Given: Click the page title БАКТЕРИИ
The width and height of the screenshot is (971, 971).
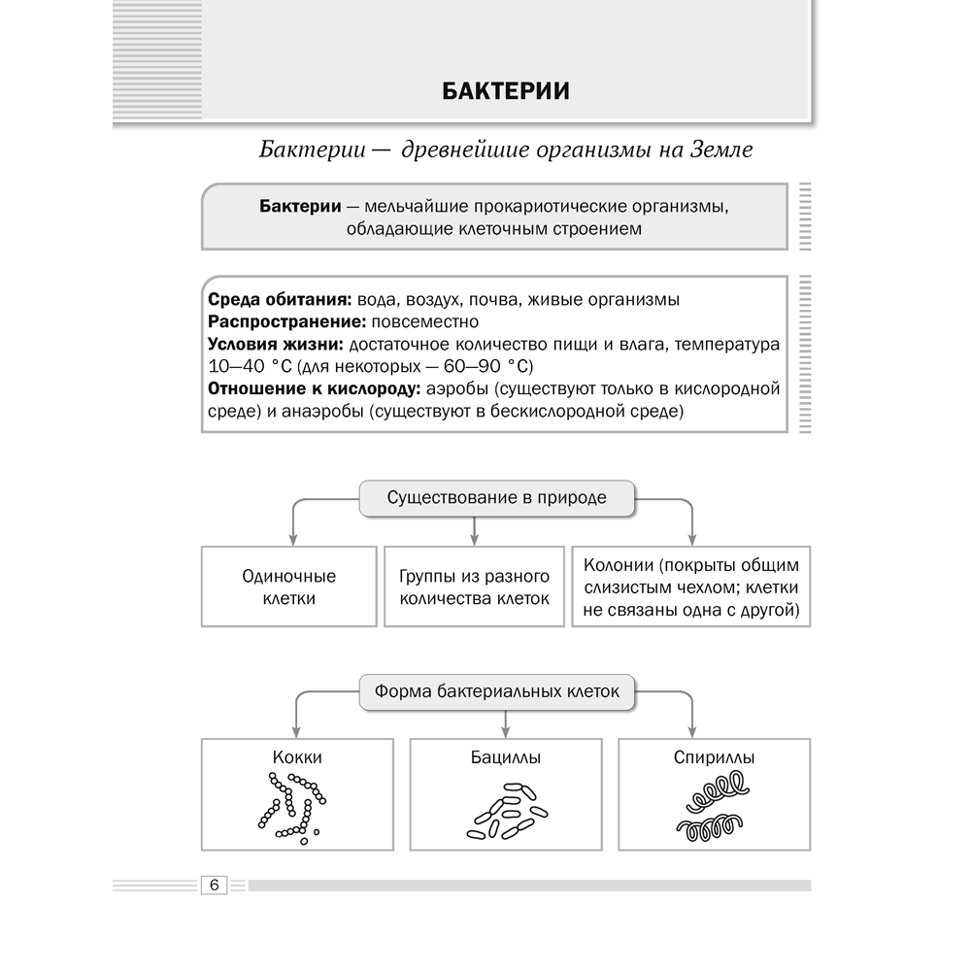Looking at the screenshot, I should point(505,91).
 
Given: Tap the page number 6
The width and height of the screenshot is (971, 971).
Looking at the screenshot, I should point(214,885).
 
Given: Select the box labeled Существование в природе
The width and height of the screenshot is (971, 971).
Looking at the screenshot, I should point(496,498).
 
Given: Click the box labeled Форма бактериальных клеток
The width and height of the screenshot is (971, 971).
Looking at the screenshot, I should point(496,693).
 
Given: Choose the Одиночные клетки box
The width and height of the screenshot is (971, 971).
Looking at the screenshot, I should point(288,586).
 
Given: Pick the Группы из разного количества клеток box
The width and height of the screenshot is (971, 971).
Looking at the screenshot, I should point(474,586).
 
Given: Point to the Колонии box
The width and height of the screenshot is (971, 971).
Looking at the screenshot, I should point(691,586).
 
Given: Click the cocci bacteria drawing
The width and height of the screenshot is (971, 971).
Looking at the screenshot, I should point(288,806).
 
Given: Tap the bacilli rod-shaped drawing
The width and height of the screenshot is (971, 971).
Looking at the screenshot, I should point(505,811).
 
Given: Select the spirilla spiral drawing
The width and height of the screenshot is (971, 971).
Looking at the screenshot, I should point(714,808).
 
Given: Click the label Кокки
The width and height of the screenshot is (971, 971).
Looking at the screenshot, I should point(297,757).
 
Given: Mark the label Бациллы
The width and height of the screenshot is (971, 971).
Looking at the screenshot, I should point(505,757).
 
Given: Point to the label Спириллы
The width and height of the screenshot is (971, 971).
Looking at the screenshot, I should point(714,757).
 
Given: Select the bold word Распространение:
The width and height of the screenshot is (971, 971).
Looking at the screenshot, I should point(273,321).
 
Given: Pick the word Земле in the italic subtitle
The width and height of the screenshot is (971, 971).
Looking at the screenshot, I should point(720,151).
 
